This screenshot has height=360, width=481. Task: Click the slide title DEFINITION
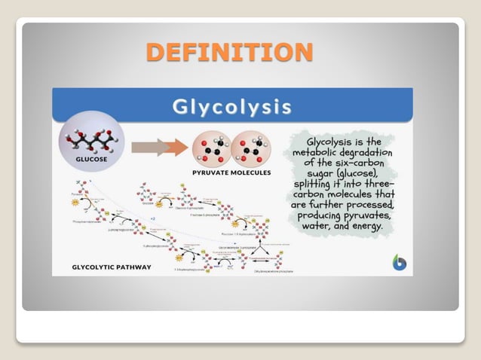[229, 52]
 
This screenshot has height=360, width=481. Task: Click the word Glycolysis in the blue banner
[232, 106]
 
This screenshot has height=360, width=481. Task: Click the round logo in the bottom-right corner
[399, 263]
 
